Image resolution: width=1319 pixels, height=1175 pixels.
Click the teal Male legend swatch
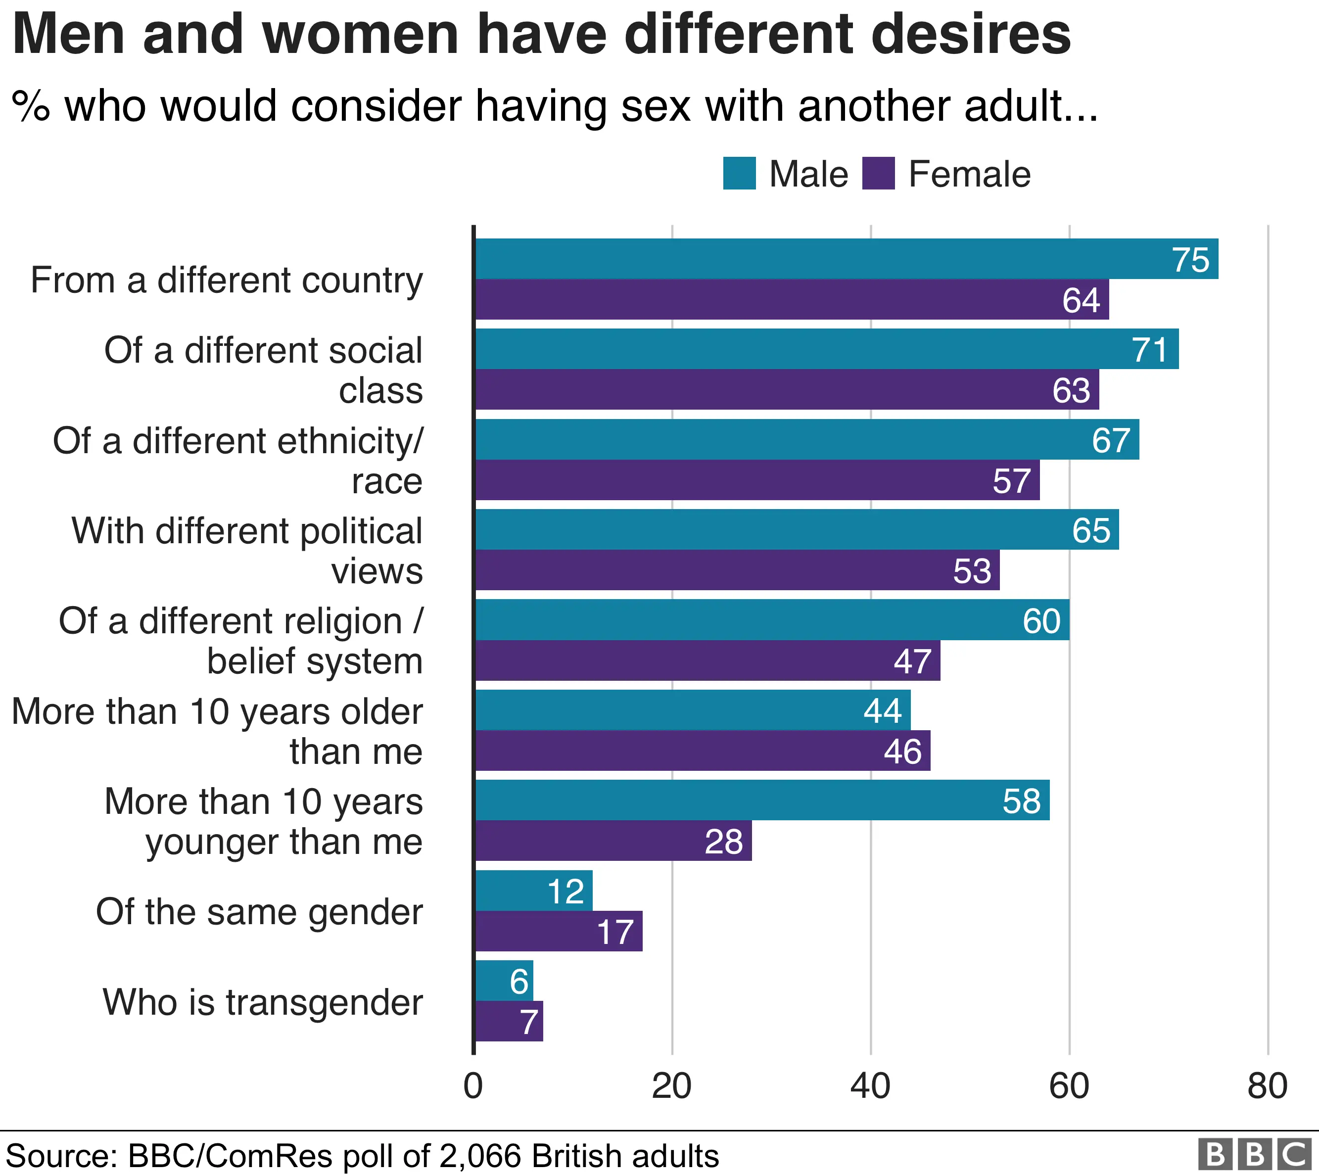click(x=739, y=173)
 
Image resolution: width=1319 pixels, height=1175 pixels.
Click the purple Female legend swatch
click(x=878, y=173)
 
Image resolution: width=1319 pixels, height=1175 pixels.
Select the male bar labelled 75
click(x=846, y=259)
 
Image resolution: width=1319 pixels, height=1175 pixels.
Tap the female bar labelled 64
click(x=792, y=299)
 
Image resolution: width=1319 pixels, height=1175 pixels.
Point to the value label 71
click(x=1150, y=350)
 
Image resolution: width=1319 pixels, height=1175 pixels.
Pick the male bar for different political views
click(x=797, y=529)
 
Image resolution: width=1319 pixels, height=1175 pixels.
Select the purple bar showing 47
click(x=707, y=660)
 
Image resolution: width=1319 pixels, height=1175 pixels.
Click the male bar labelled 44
click(x=693, y=710)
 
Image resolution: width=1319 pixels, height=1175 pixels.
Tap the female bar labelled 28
click(x=613, y=841)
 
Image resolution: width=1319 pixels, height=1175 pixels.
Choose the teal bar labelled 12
click(x=534, y=891)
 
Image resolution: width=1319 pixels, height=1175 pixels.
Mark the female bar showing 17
click(x=559, y=931)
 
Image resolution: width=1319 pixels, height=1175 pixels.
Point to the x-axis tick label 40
click(x=870, y=1086)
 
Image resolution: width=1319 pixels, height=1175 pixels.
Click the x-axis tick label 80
click(x=1267, y=1086)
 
